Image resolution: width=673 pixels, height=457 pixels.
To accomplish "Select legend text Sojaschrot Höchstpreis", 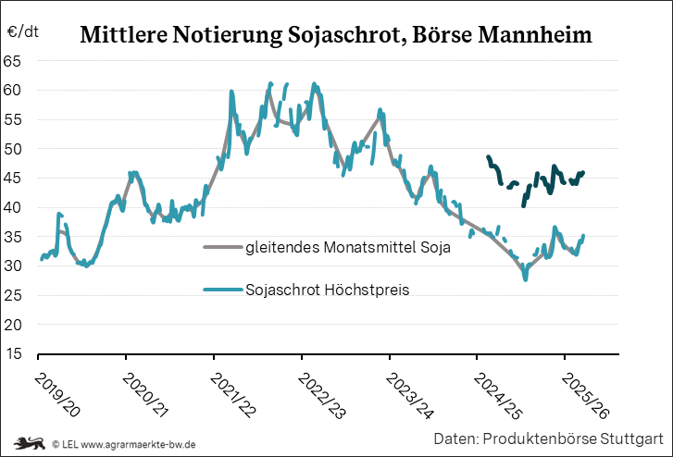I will (329, 290).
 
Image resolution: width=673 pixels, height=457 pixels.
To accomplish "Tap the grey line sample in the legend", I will (222, 248).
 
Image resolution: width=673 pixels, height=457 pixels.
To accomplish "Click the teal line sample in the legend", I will (222, 290).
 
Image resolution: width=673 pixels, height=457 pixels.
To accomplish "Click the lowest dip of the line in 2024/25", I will (526, 278).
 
